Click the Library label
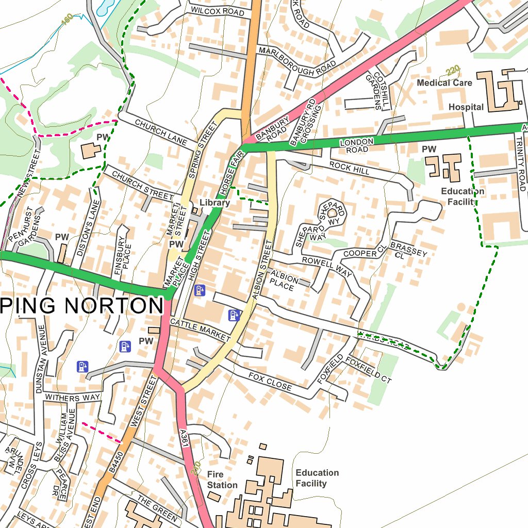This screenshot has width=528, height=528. [214, 203]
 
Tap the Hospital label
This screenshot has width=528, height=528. [466, 107]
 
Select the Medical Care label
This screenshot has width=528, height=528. [444, 82]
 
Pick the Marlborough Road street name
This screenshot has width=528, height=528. [297, 61]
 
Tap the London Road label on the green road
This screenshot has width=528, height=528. [356, 145]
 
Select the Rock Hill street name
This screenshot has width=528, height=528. [350, 167]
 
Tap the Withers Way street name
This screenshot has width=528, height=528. [72, 398]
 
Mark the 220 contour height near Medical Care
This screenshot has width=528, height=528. [452, 70]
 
